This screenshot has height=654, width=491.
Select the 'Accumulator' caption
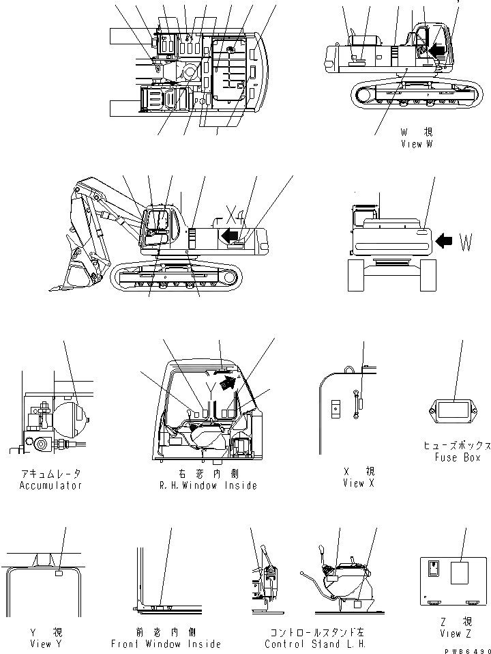pos(50,485)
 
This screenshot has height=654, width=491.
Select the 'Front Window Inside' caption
pos(166,644)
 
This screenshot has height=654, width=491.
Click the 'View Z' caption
pos(456,634)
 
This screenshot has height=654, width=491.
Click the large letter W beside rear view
pos(466,242)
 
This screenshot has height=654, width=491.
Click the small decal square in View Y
pos(59,574)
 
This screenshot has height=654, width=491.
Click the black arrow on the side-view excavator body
pos(231,236)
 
